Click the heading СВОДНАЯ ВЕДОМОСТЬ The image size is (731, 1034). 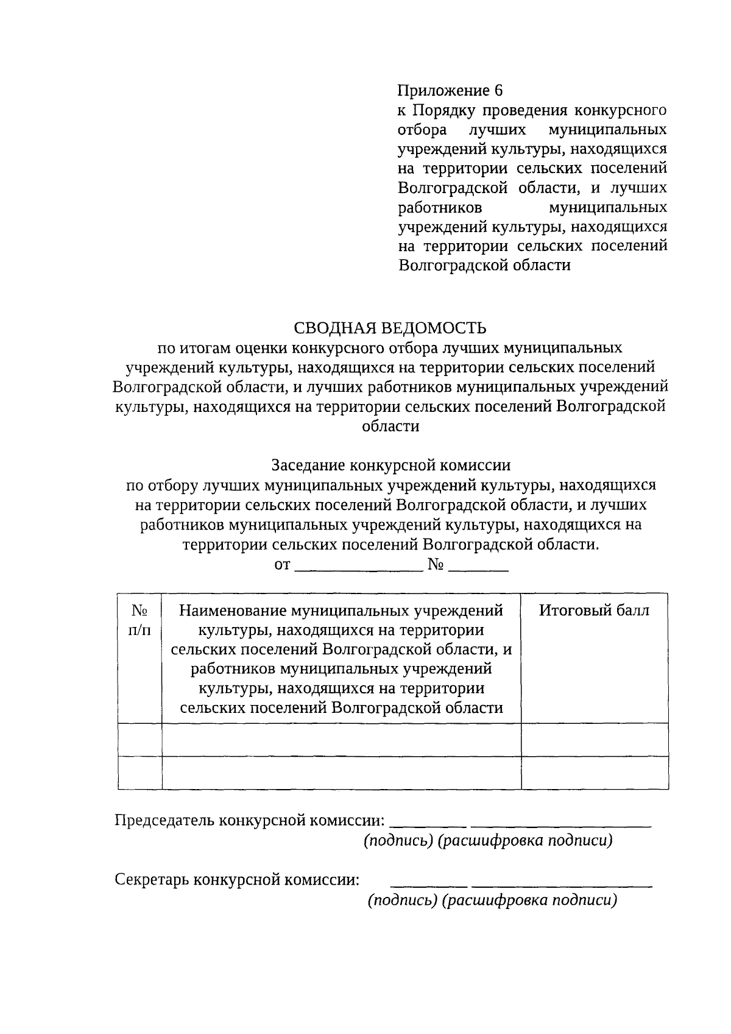coord(390,328)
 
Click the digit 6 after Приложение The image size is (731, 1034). coord(499,91)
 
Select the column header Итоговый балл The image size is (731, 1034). coord(594,611)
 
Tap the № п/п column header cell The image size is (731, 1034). coord(140,620)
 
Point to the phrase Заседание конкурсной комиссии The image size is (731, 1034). coord(390,465)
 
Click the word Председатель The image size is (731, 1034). coord(165,820)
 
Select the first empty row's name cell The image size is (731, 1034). coord(341,740)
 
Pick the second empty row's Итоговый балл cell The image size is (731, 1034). coord(595,773)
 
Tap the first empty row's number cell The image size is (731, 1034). coord(140,740)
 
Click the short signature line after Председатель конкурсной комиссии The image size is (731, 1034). coord(428,824)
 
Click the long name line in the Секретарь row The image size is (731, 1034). coord(562,884)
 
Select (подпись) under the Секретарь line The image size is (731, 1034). coord(402,901)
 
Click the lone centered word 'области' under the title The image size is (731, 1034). coord(390,426)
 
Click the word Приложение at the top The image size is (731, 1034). coord(443,91)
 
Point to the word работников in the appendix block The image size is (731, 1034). coord(440,207)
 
